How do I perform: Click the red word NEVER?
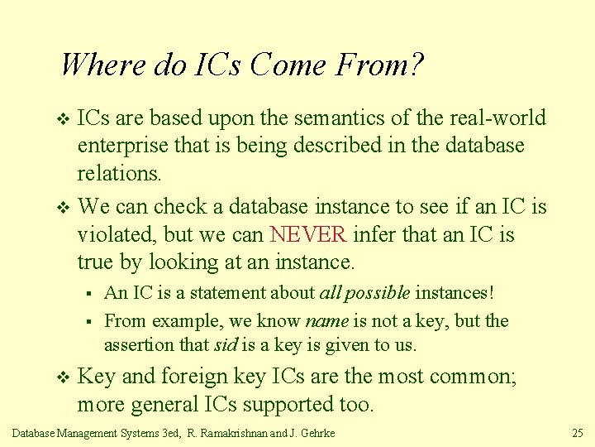pos(308,235)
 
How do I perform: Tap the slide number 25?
pos(578,433)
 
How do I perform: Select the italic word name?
pos(327,321)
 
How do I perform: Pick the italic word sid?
pos(226,345)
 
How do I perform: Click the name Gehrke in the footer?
pos(317,433)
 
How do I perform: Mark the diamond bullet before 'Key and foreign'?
pos(62,378)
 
